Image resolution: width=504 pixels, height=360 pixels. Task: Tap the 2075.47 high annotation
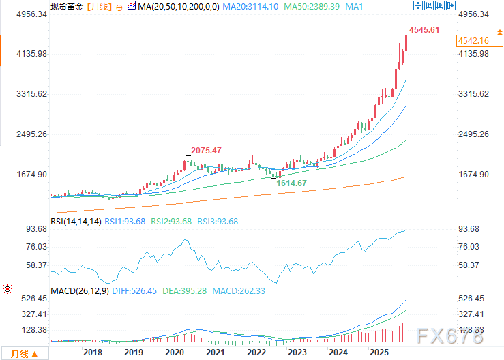click(206, 150)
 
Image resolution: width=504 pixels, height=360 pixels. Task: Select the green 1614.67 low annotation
click(291, 183)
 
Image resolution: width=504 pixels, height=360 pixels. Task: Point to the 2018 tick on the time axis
click(93, 352)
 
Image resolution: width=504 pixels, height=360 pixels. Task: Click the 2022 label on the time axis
click(256, 352)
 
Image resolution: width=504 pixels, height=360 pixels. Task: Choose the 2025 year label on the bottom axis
click(379, 352)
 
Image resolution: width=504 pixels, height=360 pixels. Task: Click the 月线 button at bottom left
click(19, 353)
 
